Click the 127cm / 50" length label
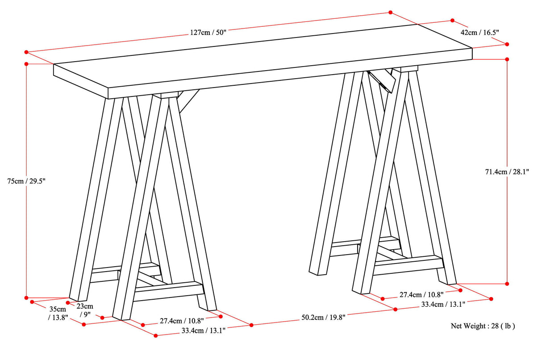tap(208, 32)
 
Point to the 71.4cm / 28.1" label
tap(507, 172)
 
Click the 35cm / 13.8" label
tap(58, 313)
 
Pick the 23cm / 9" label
tap(85, 310)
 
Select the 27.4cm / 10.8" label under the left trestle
tap(181, 321)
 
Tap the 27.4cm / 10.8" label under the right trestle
tap(434, 295)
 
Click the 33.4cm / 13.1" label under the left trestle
tap(203, 331)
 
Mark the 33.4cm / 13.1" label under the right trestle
tap(443, 305)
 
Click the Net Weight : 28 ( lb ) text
tap(483, 326)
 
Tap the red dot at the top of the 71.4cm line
tap(507, 59)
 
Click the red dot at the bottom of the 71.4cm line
tap(507, 283)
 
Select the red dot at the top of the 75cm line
tap(27, 64)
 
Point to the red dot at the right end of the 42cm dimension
tap(507, 44)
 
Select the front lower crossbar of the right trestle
tap(406, 264)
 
